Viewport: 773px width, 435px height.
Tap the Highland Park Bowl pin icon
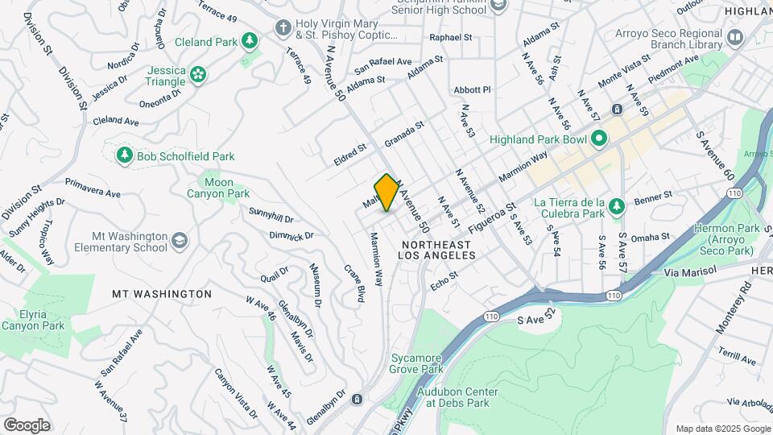click(x=598, y=139)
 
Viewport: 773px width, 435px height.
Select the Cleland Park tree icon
click(x=250, y=40)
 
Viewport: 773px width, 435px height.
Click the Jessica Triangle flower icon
click(x=198, y=75)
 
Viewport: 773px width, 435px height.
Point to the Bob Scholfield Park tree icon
click(x=124, y=155)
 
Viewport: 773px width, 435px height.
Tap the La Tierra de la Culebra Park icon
click(x=616, y=207)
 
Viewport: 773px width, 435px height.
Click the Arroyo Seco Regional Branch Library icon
click(x=734, y=37)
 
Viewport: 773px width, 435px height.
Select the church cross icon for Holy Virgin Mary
click(x=283, y=28)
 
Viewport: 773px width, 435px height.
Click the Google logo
click(x=27, y=425)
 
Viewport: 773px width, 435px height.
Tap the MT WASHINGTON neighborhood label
click(x=162, y=294)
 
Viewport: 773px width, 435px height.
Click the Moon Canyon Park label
click(x=218, y=188)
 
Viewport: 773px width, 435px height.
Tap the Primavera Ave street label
click(x=93, y=188)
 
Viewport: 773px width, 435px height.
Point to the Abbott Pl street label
click(x=472, y=89)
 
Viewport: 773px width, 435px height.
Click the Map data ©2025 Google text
click(x=722, y=429)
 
